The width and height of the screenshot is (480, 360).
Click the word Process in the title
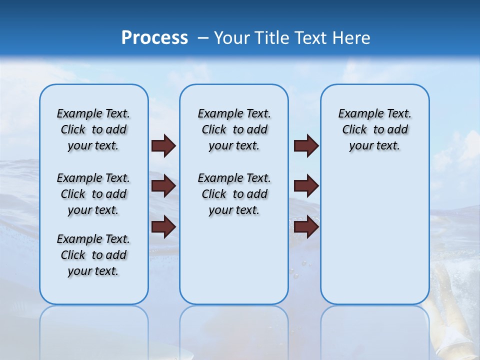point(154,37)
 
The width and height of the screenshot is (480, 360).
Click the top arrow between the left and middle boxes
point(163,146)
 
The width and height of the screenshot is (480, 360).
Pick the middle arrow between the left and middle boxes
point(163,186)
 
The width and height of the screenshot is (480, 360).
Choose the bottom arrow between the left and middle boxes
point(163,227)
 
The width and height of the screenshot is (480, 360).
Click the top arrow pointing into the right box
point(306,146)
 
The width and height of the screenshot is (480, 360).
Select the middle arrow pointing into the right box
point(306,186)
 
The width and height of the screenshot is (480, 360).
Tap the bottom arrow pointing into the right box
point(306,227)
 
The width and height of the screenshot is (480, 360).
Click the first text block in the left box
point(93,129)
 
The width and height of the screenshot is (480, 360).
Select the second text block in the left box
point(93,194)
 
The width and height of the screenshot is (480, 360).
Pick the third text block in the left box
point(93,255)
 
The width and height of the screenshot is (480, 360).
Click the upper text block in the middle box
point(234,129)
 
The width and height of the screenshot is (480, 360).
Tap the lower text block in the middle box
point(234,194)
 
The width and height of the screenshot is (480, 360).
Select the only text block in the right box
point(374,129)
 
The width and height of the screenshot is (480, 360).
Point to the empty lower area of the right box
point(374,235)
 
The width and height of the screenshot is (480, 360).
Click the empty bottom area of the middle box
point(234,265)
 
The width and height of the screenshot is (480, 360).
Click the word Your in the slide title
point(231,37)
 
